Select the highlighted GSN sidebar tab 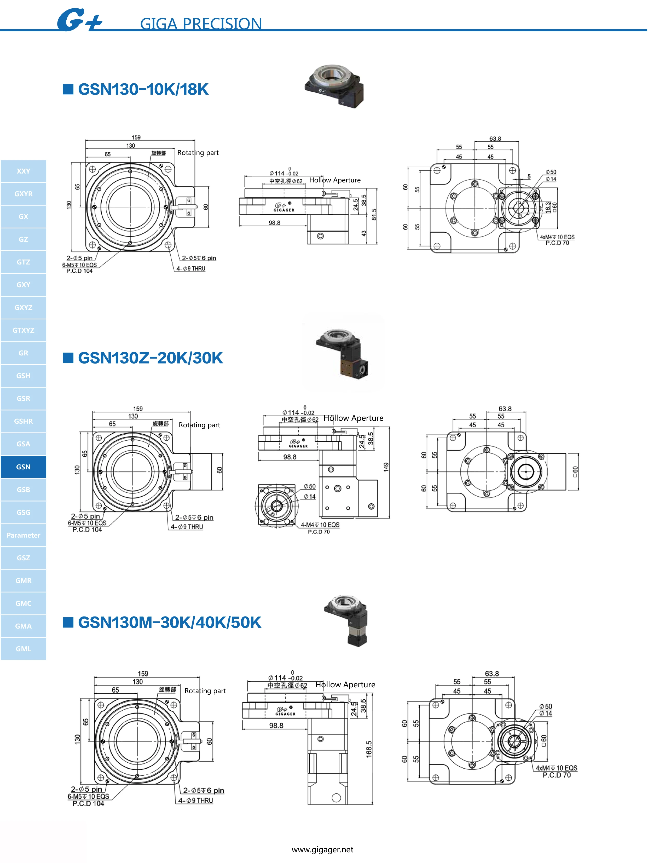coord(24,467)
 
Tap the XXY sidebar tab coord(24,171)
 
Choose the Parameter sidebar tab coord(24,535)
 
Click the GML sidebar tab coord(24,648)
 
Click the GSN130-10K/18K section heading coord(143,89)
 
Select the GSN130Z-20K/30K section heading coord(150,358)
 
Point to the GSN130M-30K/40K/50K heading coord(169,622)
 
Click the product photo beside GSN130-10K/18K coord(334,85)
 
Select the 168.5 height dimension coord(369,749)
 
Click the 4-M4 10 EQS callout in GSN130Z coord(320,525)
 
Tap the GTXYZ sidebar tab coord(24,330)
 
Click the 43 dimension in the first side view coord(364,233)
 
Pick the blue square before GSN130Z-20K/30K coord(68,358)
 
